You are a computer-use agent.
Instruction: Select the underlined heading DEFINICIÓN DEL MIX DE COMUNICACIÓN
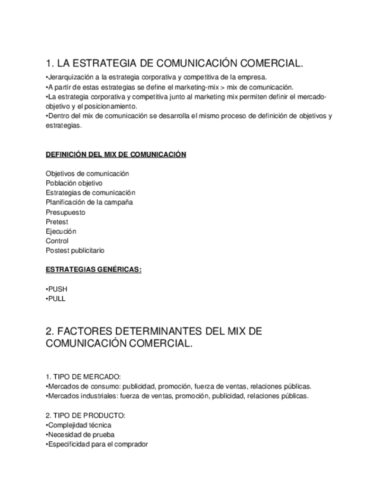coord(116,155)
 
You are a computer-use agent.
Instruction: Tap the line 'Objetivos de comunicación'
coord(87,174)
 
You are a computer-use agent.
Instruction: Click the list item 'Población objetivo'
coord(74,183)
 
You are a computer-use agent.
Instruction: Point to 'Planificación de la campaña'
coord(89,202)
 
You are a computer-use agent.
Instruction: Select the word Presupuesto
coord(65,212)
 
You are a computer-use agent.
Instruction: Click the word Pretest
coord(57,222)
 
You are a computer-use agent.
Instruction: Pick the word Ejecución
coord(61,231)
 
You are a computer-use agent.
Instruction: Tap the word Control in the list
coord(57,241)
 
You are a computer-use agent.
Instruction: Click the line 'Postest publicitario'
coord(75,251)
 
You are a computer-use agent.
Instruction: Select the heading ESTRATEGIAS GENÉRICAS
coord(93,270)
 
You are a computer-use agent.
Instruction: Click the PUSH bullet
coord(57,289)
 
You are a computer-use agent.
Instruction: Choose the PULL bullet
coord(56,298)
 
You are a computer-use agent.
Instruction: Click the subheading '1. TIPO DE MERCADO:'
coord(83,377)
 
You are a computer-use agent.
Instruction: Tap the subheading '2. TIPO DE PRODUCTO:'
coord(85,415)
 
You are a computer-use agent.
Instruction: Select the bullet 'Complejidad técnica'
coord(78,425)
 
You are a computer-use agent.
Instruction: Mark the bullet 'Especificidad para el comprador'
coord(97,444)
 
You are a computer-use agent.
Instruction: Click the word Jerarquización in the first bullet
coord(69,78)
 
